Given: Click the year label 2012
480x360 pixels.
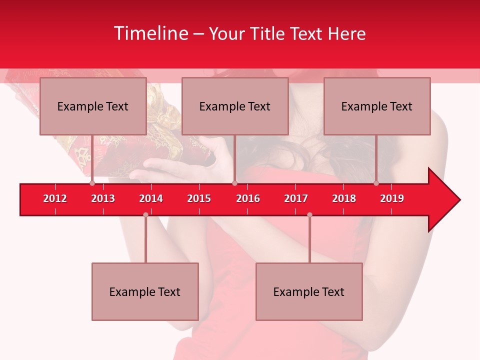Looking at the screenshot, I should [55, 198].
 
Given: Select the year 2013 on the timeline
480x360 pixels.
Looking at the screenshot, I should [103, 198].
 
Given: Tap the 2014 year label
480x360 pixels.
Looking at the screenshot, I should [151, 198].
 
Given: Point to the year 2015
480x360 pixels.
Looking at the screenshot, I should [199, 198].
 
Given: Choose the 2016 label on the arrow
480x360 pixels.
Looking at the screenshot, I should [248, 198].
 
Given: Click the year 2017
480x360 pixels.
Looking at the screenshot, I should [296, 198].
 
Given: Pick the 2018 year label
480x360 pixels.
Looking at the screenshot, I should [344, 198].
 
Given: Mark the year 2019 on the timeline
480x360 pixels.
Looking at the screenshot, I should [392, 198].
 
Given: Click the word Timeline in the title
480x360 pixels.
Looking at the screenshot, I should [150, 33].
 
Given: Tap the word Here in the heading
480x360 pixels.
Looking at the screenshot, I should [346, 33].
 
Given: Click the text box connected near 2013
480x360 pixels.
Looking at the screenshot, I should [93, 106].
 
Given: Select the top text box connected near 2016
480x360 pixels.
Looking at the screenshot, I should [235, 106].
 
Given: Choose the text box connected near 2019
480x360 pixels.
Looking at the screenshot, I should [377, 106].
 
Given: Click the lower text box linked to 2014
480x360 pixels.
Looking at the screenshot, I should [145, 291].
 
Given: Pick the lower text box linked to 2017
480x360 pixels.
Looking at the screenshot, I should [309, 291].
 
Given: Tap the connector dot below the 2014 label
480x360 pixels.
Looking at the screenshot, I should [145, 214].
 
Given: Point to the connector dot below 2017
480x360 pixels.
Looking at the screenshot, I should [309, 214].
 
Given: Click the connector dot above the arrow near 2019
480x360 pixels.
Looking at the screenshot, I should [376, 183].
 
